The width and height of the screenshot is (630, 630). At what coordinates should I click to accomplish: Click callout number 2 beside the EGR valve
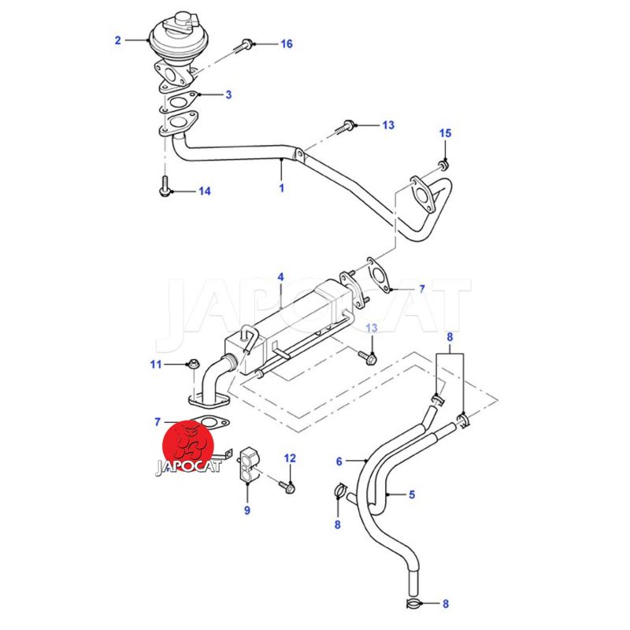pos(118,39)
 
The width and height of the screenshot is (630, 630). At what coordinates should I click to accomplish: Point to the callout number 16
pos(287,44)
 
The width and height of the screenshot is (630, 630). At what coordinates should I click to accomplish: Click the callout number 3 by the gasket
pos(228,95)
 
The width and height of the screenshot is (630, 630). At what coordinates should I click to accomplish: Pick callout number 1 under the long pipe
pos(281,188)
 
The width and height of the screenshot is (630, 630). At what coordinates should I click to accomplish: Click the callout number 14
pos(204,191)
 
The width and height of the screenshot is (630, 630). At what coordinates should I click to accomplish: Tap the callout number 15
pos(445,134)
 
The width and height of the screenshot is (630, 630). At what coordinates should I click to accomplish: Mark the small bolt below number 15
pos(443,164)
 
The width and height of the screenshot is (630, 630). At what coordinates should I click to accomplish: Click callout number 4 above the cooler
pos(280,278)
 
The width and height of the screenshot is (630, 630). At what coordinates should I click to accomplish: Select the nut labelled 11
pos(191,365)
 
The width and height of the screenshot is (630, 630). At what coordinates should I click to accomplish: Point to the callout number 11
pos(156,364)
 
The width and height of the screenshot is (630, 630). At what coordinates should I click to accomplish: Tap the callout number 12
pos(290,458)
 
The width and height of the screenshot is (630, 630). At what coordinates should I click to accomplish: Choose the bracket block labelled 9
pos(249,466)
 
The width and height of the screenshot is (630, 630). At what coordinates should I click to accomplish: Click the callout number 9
pos(246,511)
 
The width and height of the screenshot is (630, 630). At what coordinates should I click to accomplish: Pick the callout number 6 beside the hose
pos(339,461)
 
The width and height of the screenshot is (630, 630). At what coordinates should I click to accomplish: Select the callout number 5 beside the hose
pos(411,495)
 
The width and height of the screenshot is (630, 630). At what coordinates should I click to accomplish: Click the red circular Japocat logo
pos(190,446)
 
